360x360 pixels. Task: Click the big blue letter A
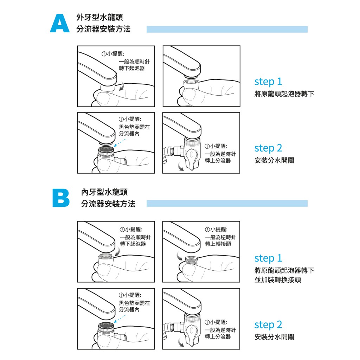(60, 24)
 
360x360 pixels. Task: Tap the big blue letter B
(61, 198)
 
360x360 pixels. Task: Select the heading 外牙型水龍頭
(99, 17)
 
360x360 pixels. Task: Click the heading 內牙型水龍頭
(104, 192)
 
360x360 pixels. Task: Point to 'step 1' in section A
(268, 82)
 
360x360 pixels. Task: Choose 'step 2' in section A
(268, 148)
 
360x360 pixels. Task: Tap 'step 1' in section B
(268, 258)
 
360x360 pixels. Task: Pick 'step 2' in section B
(268, 325)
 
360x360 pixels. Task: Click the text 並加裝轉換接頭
(278, 279)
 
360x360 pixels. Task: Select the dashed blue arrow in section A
(120, 143)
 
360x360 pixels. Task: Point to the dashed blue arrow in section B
(120, 319)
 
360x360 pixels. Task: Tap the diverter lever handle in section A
(192, 159)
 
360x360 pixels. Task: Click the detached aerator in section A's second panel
(191, 85)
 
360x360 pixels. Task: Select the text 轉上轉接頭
(218, 244)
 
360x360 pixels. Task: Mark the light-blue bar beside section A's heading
(227, 30)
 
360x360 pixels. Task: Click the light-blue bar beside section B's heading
(227, 204)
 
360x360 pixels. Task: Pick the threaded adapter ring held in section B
(192, 260)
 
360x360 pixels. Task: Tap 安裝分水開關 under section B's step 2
(274, 337)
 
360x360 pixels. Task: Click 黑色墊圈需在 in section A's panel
(134, 127)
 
